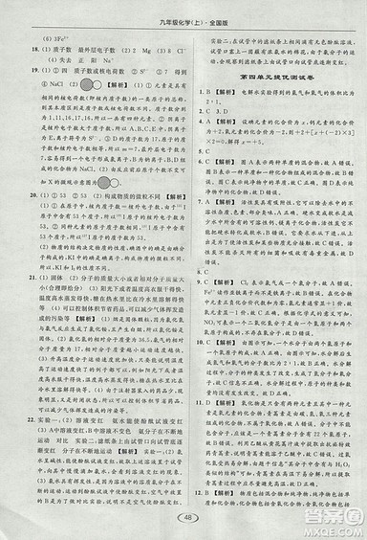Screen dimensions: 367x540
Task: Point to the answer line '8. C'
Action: [x=202, y=243]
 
